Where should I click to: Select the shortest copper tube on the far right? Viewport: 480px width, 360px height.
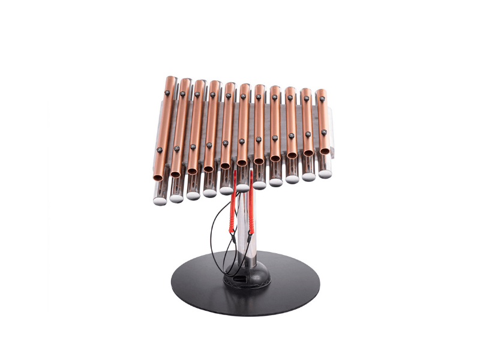pos(322,120)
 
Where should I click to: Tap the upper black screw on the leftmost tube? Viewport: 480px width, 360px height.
pos(167,92)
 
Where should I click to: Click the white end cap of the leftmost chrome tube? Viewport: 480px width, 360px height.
pos(160,198)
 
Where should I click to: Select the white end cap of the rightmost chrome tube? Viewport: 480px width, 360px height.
pos(325,175)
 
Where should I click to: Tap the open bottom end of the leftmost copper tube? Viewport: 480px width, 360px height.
pos(158,177)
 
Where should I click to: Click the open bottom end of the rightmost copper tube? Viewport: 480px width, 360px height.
pos(325,151)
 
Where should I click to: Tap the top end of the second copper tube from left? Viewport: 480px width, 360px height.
pos(185,80)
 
